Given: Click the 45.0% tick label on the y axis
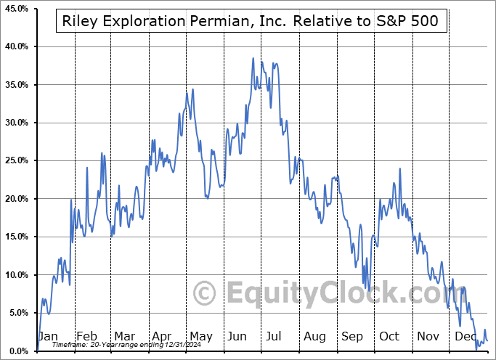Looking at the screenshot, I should point(17,8).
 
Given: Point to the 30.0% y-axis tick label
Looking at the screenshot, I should point(17,123).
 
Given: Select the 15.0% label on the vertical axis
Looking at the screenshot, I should point(17,237).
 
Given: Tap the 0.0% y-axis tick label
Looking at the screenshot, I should point(19,351).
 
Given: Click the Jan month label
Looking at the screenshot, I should point(47,336).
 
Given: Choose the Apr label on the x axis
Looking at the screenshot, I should point(161,336).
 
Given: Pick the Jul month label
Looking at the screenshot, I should point(275,336).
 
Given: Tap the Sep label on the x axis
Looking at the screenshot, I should point(352,336).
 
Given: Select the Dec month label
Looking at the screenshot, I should point(466,336).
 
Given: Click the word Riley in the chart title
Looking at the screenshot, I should point(80,21).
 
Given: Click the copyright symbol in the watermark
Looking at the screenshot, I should point(204,294).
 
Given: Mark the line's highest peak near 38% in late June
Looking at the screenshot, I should point(253,58).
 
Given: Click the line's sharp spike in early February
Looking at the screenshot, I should point(87,168).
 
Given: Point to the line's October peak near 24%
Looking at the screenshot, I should point(399,169).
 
